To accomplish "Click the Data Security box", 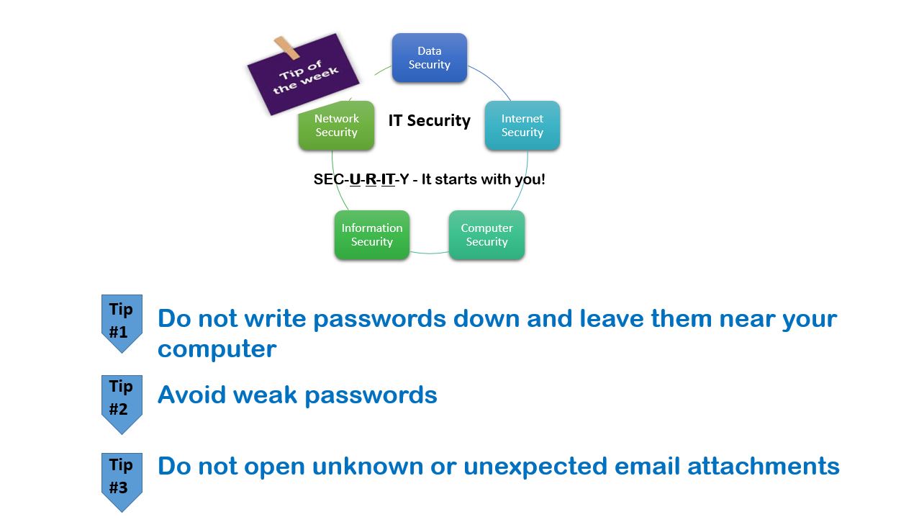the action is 429,58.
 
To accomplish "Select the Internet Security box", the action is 522,125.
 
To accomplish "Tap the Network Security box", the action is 336,125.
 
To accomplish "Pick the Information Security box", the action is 372,235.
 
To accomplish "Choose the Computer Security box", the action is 486,235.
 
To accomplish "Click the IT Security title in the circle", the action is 429,121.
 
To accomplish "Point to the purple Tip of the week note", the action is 303,75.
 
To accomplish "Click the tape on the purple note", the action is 286,48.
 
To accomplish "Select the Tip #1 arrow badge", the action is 122,323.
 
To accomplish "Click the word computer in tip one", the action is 217,350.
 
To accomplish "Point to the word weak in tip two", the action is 265,395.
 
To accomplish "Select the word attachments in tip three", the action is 764,467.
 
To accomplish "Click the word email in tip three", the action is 648,466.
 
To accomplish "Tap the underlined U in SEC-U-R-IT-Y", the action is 355,179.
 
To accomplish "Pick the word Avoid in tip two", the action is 191,395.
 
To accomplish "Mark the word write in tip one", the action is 276,318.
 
